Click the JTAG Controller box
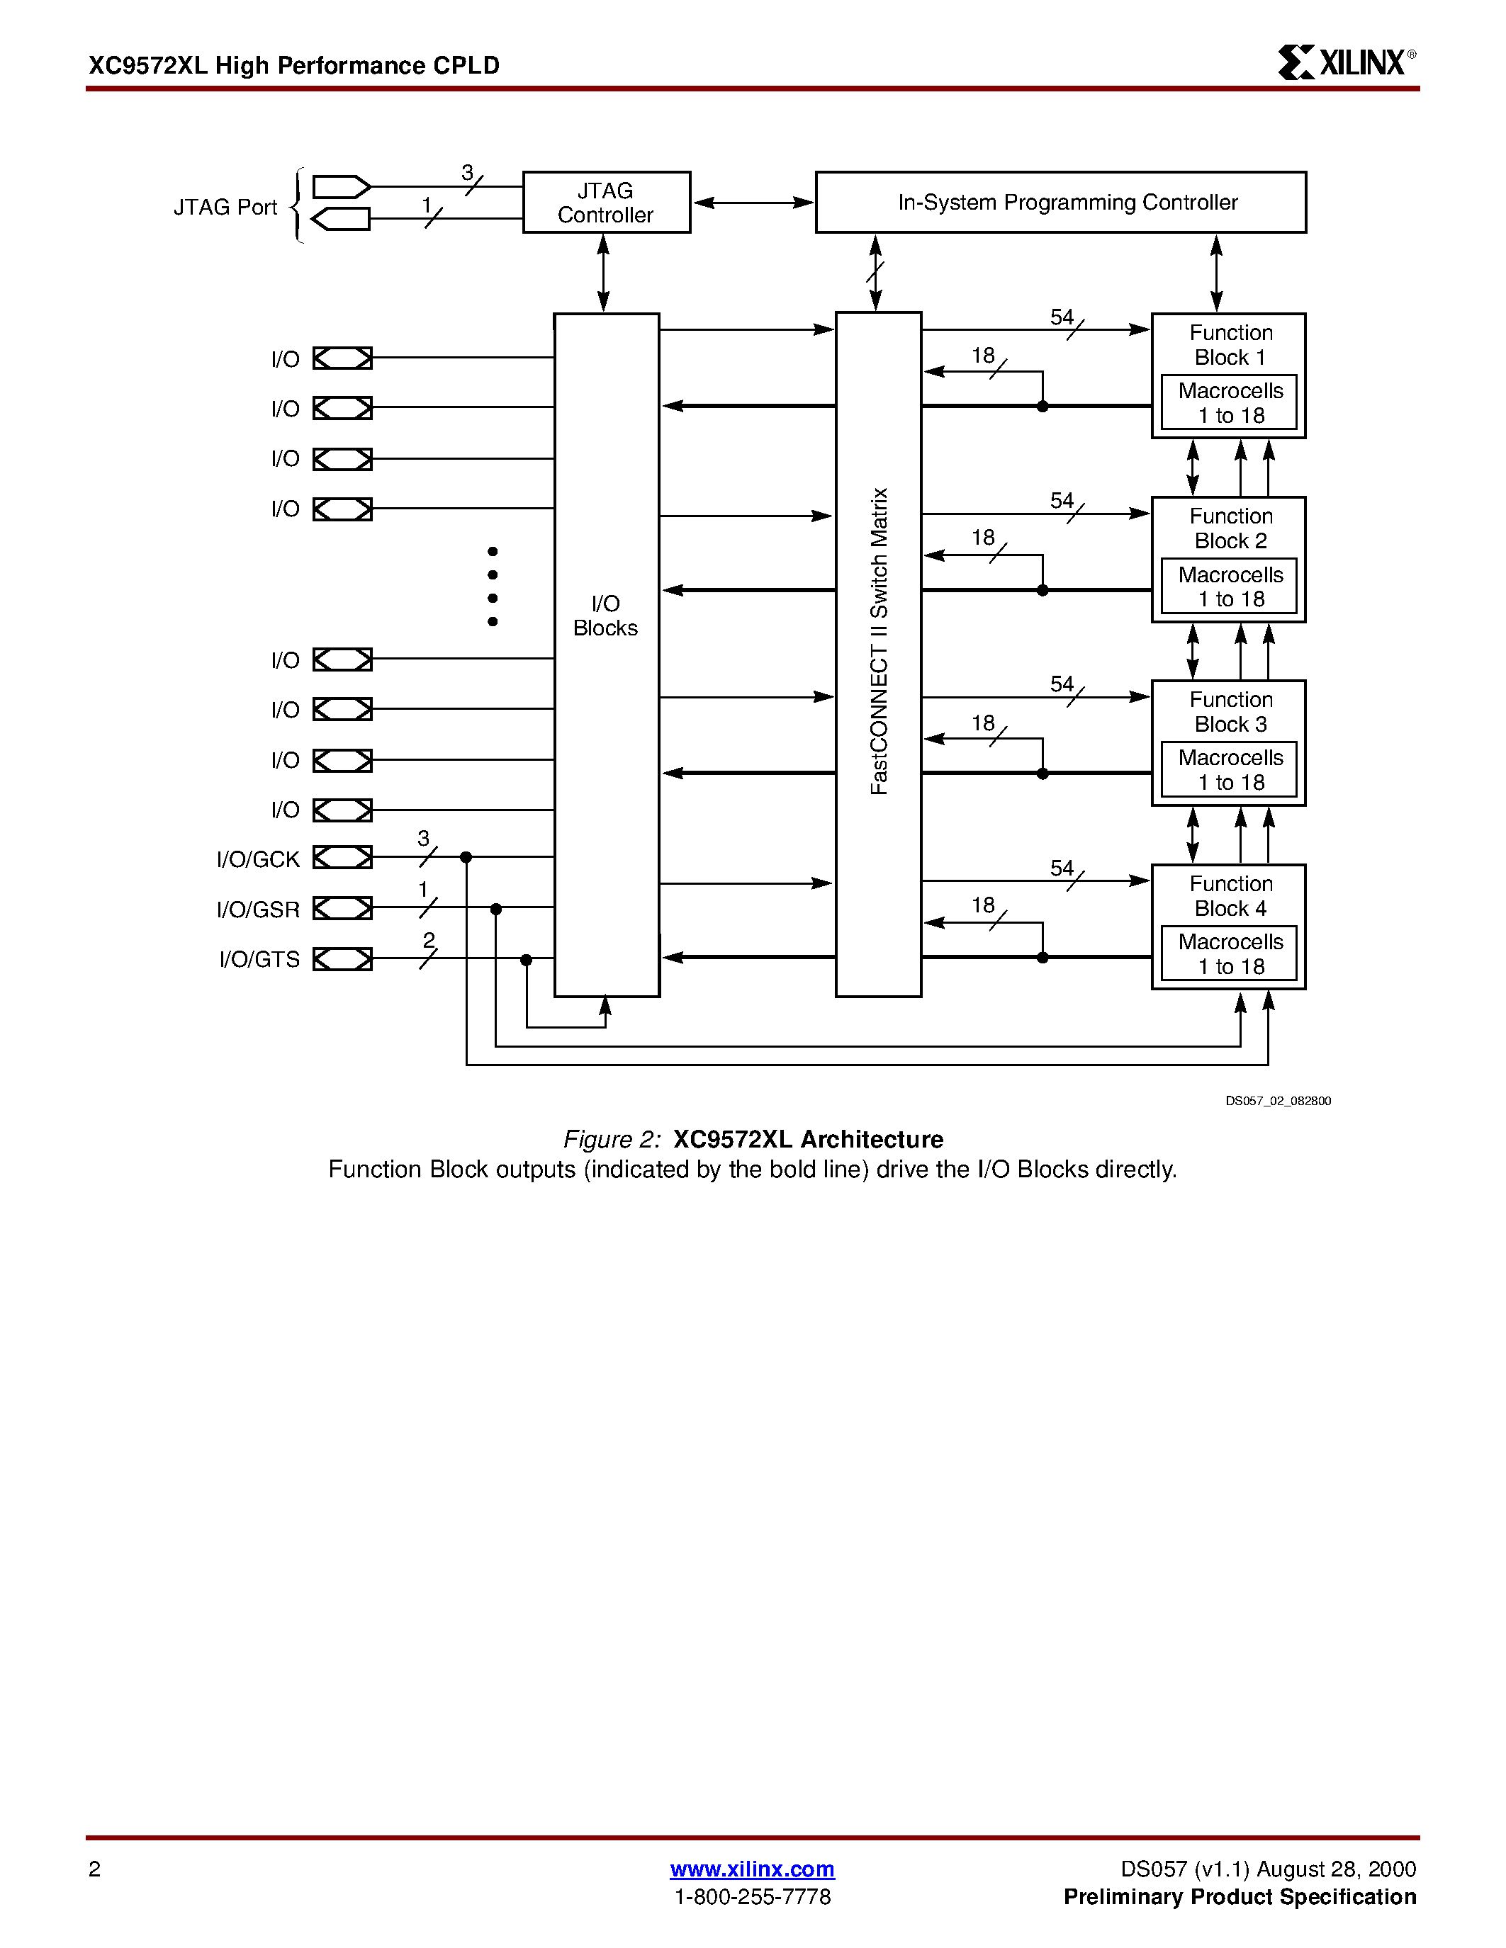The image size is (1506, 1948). tap(606, 203)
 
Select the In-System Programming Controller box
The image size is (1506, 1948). tap(1061, 203)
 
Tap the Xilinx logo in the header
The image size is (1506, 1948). tap(1345, 62)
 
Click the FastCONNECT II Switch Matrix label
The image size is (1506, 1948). tap(879, 640)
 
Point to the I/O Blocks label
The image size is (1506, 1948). tap(606, 616)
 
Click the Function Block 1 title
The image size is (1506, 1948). tap(1230, 345)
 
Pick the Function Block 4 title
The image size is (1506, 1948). tap(1230, 895)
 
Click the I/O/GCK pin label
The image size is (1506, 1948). tap(258, 859)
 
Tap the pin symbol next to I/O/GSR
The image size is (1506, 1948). tap(342, 908)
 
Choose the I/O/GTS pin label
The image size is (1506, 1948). tap(259, 959)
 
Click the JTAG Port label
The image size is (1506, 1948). tap(225, 207)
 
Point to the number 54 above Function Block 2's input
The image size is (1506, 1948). tap(1062, 500)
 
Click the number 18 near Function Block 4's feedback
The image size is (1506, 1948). tap(983, 905)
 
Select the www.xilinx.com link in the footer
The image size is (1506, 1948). tap(752, 1869)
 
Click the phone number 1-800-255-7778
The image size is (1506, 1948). tap(752, 1896)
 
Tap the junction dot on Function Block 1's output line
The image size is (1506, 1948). tap(1042, 407)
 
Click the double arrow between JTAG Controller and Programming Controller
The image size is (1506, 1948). tap(753, 203)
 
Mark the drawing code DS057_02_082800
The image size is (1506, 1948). tap(1278, 1101)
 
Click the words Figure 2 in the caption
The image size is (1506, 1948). tap(611, 1139)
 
